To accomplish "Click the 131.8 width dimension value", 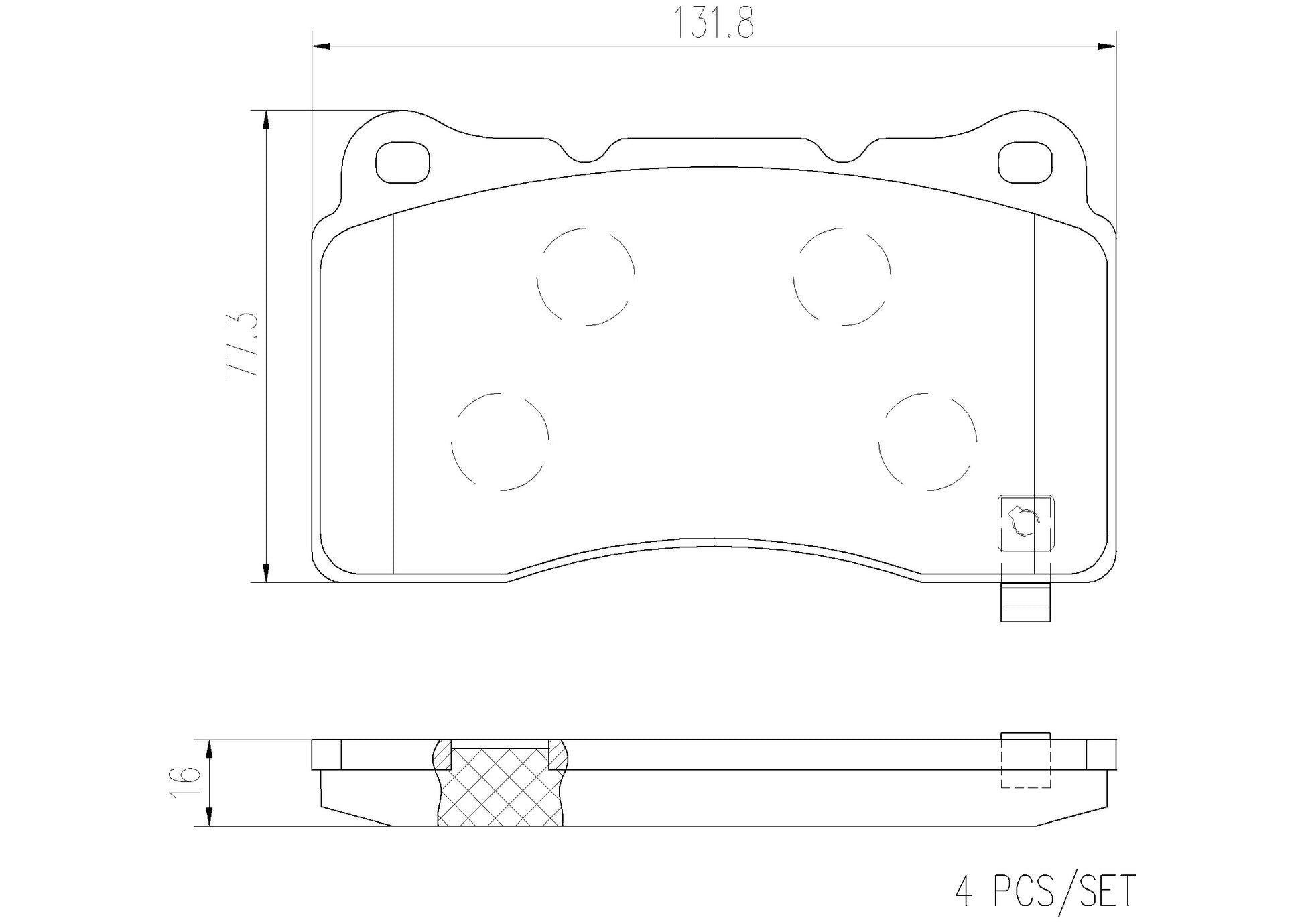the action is click(x=714, y=23).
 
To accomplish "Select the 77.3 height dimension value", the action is click(x=243, y=345).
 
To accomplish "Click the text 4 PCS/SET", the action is click(x=1045, y=890).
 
